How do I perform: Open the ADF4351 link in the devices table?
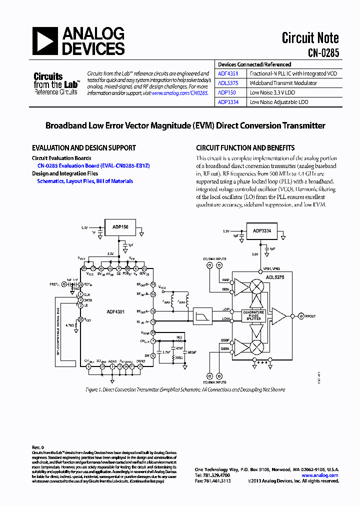(228, 73)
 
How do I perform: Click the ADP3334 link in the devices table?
(228, 102)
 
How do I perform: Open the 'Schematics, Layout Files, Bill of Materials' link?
(85, 181)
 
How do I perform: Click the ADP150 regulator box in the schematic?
(120, 227)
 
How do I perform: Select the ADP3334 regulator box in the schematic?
(262, 231)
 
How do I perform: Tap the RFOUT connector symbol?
(300, 316)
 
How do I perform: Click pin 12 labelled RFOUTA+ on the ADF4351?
(153, 311)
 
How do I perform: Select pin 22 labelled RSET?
(80, 319)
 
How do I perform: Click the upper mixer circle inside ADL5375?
(257, 286)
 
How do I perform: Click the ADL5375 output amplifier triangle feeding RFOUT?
(280, 316)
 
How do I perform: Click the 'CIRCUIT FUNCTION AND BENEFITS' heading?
(245, 148)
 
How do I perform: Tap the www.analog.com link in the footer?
(320, 475)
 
